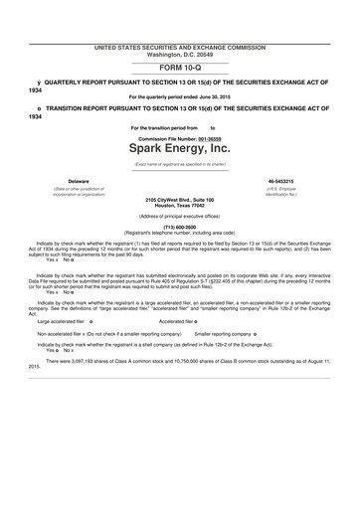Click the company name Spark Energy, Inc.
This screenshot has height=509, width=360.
pos(179,148)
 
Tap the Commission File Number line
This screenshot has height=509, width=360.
pos(179,136)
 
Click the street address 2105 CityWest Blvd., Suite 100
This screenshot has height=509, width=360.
pos(179,200)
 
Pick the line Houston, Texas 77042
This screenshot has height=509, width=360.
pos(179,206)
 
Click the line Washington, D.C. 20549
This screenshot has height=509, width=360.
pos(179,54)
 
